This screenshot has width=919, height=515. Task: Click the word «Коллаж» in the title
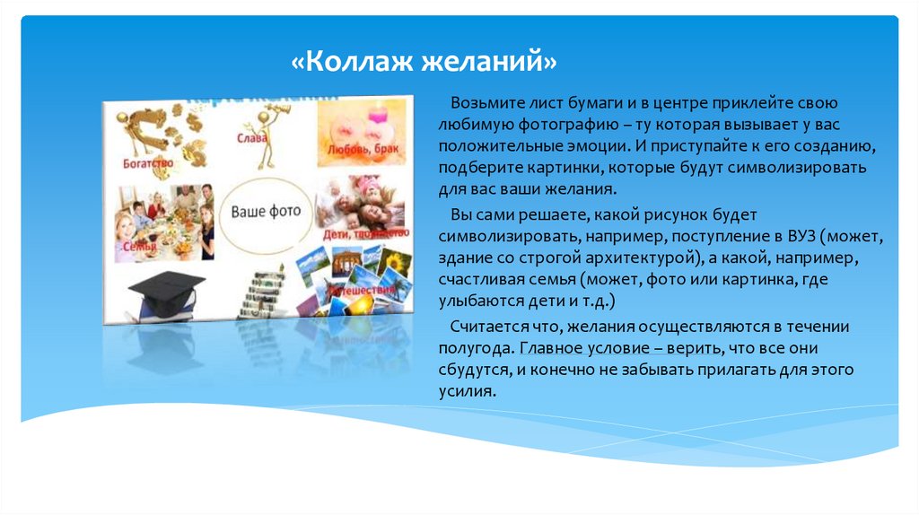click(x=349, y=63)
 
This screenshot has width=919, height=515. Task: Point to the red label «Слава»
click(x=253, y=139)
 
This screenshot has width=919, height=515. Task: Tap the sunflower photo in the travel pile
click(x=393, y=262)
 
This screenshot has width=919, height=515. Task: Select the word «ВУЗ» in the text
click(x=794, y=237)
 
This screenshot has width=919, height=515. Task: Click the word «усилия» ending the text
click(x=465, y=391)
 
